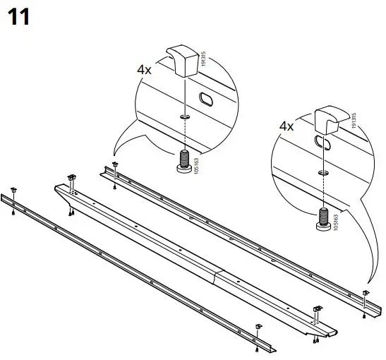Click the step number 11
[x=19, y=17]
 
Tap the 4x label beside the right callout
[x=287, y=126]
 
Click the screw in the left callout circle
[x=184, y=161]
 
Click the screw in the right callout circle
[x=322, y=220]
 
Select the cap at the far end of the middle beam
[x=71, y=177]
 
